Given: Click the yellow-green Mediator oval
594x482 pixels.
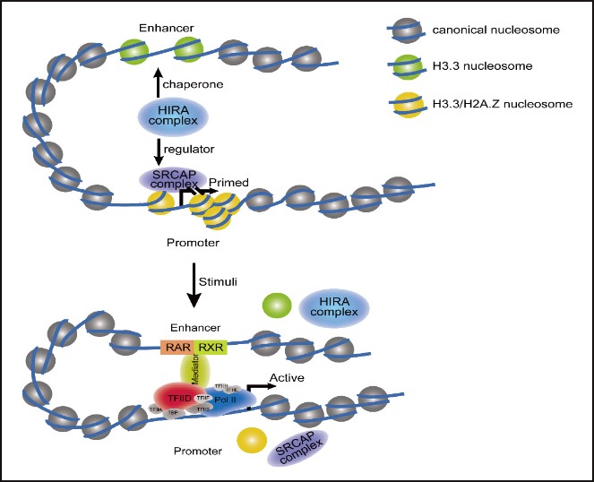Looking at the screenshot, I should pos(194,370).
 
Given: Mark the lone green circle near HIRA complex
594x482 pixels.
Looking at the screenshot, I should pos(278,306).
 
